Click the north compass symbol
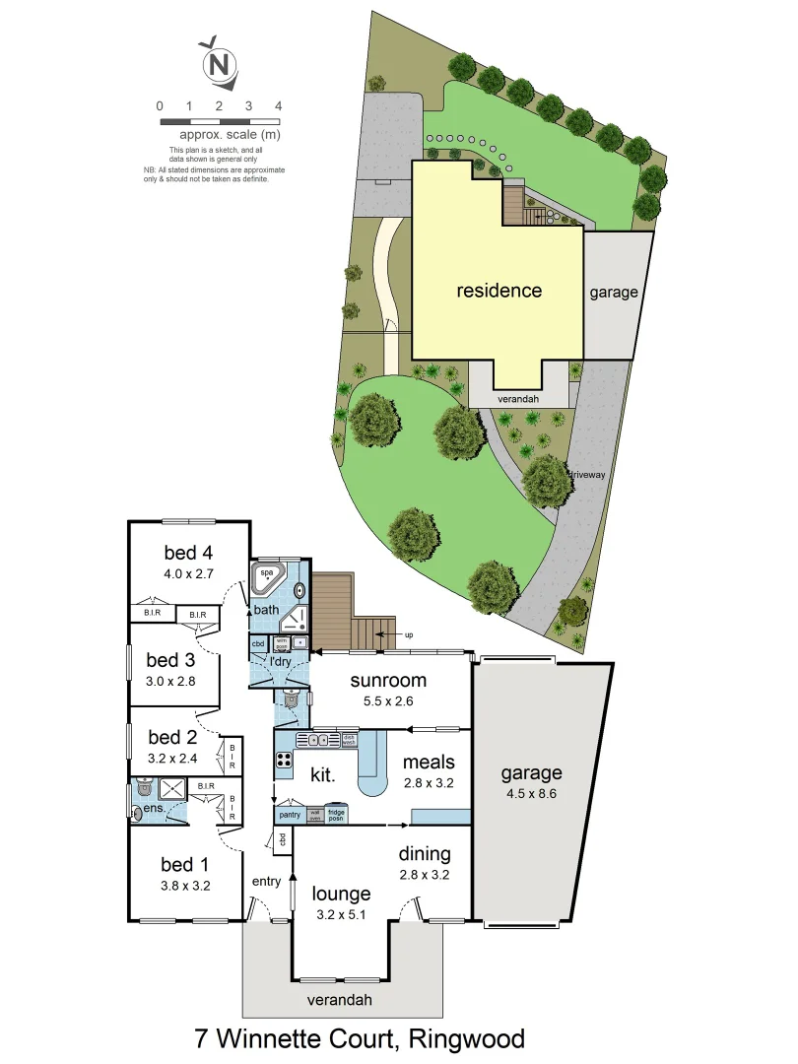click(220, 66)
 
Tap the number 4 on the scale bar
click(279, 105)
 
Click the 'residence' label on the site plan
click(499, 291)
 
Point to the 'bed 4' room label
click(188, 552)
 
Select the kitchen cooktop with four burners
click(285, 760)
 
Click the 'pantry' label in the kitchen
click(290, 815)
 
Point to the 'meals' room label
click(429, 762)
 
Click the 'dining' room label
click(425, 853)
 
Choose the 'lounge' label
click(341, 894)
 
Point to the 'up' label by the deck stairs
click(408, 635)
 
